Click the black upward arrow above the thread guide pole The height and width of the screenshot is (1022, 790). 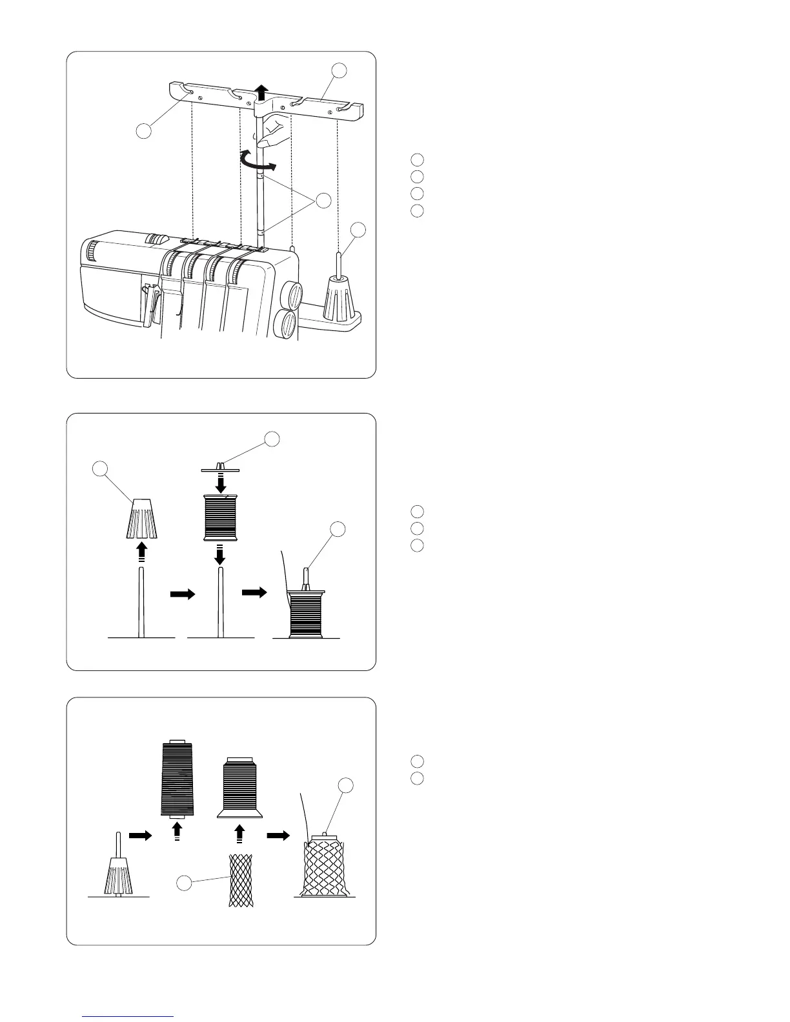click(x=261, y=91)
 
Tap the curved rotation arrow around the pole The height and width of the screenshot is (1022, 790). click(x=256, y=159)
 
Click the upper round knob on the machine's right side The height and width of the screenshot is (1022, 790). click(x=291, y=295)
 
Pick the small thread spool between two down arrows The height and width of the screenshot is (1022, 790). click(x=220, y=517)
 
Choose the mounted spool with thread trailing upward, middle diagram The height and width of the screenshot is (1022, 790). click(x=306, y=614)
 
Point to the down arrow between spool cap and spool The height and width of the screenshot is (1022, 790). click(x=220, y=483)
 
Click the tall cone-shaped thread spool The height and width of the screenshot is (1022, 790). click(x=177, y=777)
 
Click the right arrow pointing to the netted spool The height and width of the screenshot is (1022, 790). click(x=279, y=835)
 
